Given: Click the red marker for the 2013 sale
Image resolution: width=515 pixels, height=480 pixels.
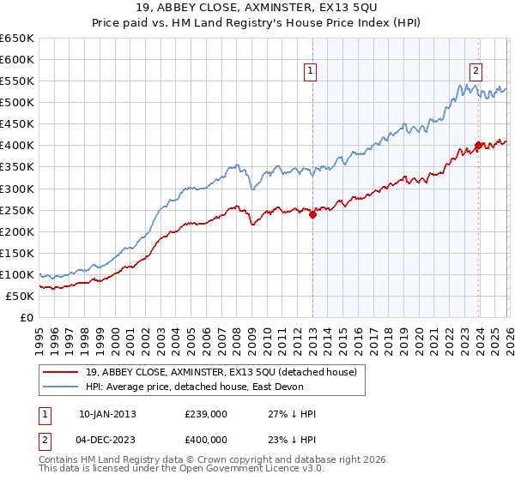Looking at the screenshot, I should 312,215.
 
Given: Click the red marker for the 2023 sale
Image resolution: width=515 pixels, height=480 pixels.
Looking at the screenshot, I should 478,146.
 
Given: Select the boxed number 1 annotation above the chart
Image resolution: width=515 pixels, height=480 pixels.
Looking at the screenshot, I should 309,72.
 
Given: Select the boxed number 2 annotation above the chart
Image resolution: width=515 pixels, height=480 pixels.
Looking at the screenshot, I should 475,72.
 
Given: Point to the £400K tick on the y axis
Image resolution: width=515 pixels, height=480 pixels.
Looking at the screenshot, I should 17,146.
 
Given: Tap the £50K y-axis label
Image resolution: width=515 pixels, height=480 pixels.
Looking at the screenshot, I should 20,296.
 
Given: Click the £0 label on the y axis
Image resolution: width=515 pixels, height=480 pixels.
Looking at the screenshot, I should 26,317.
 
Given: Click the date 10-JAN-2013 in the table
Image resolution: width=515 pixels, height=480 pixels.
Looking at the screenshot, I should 107,413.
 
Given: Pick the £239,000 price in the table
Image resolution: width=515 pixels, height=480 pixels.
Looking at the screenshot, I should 206,413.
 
